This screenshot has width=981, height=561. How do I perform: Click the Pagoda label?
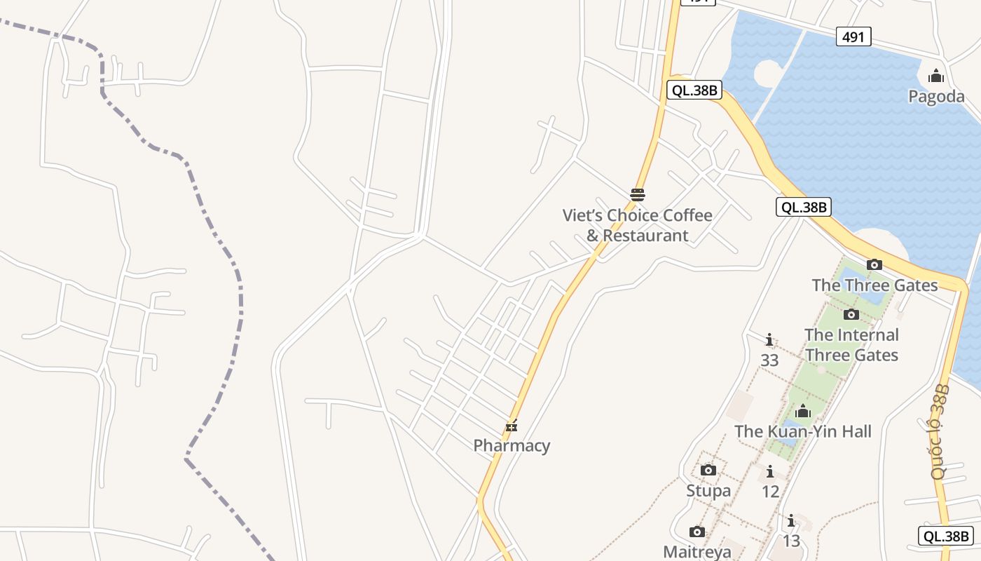pyautogui.click(x=936, y=96)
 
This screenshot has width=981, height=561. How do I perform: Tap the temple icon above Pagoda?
pyautogui.click(x=936, y=76)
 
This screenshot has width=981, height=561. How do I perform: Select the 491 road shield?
pyautogui.click(x=853, y=36)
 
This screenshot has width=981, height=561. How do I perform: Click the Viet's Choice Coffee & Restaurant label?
pyautogui.click(x=637, y=225)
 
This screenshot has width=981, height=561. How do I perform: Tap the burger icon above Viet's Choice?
pyautogui.click(x=638, y=194)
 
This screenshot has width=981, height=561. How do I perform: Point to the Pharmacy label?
pyautogui.click(x=512, y=445)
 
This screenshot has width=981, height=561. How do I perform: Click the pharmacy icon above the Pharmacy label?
pyautogui.click(x=512, y=426)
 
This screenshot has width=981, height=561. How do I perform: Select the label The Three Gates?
pyautogui.click(x=874, y=285)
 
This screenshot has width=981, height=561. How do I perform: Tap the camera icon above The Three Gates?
pyautogui.click(x=874, y=264)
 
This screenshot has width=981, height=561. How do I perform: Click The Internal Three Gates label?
pyautogui.click(x=851, y=344)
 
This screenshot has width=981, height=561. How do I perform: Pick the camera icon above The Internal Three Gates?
pyautogui.click(x=851, y=314)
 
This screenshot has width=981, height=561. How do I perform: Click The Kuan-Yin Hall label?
pyautogui.click(x=803, y=431)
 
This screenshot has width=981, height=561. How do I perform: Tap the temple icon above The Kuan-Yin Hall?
pyautogui.click(x=803, y=411)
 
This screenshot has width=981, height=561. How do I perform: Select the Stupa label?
pyautogui.click(x=708, y=490)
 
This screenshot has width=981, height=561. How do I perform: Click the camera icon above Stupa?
pyautogui.click(x=708, y=470)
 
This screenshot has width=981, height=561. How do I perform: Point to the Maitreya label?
pyautogui.click(x=697, y=552)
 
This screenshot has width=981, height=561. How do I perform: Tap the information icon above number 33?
pyautogui.click(x=769, y=340)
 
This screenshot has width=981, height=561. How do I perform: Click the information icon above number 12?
pyautogui.click(x=770, y=471)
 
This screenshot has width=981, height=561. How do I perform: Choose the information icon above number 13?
pyautogui.click(x=791, y=520)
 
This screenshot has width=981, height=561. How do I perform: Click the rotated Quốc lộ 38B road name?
pyautogui.click(x=941, y=431)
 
